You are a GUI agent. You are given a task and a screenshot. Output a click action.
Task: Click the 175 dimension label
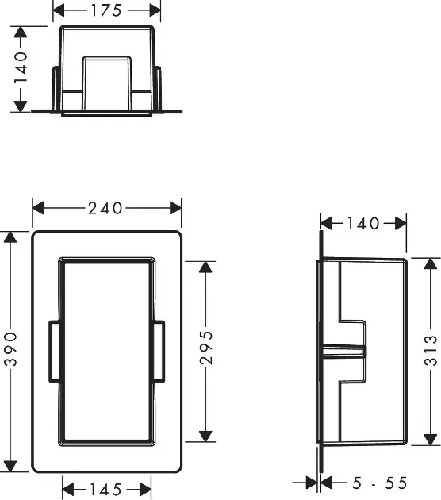(x=106, y=10)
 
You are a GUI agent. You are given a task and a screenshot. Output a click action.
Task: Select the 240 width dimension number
(x=105, y=208)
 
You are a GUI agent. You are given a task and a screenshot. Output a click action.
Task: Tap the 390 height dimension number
(x=11, y=348)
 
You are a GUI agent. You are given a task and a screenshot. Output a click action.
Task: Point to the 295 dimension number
(x=206, y=348)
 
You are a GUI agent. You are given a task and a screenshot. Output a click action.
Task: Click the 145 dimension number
(x=105, y=490)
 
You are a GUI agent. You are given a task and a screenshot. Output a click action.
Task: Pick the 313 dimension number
(x=431, y=350)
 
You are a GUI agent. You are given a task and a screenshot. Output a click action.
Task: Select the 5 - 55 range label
(x=379, y=483)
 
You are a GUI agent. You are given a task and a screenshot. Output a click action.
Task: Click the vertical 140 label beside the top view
(x=21, y=67)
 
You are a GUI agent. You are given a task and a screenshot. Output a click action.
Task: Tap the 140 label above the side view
(x=363, y=224)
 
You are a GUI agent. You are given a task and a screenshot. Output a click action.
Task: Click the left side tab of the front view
(x=55, y=351)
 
